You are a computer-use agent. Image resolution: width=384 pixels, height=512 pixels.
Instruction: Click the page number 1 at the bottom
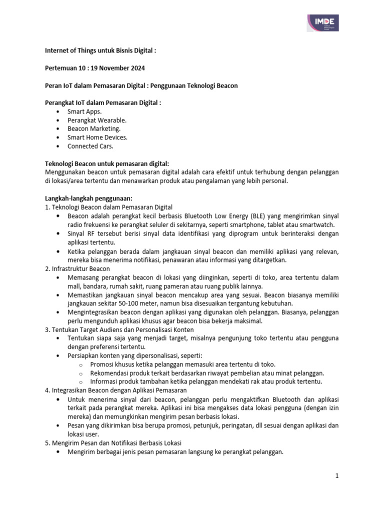[337, 476]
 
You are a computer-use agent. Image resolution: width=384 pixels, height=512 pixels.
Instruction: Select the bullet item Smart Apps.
[84, 111]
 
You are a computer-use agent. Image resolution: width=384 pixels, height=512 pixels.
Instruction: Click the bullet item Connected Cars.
[90, 146]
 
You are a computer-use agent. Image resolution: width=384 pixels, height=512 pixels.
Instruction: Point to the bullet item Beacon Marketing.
[94, 128]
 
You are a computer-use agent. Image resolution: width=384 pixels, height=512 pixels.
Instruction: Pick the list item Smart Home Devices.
[97, 137]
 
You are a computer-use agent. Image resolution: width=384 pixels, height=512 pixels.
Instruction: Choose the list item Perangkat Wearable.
[97, 120]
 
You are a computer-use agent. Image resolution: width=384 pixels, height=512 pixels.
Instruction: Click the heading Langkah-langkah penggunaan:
[88, 198]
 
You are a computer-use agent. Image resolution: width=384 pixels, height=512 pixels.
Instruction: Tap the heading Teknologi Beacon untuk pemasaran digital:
[107, 163]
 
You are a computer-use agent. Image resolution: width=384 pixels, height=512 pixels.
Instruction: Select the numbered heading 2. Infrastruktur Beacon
[77, 268]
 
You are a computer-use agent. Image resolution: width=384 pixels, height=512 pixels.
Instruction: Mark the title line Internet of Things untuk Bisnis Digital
[100, 50]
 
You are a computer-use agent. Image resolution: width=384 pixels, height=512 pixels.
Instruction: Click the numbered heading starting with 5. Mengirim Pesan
[113, 443]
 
